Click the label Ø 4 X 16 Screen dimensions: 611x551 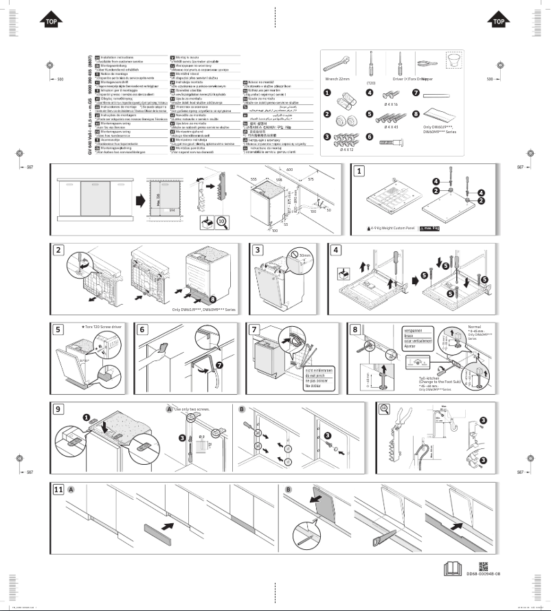(392, 104)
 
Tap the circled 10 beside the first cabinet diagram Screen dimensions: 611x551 (221, 222)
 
